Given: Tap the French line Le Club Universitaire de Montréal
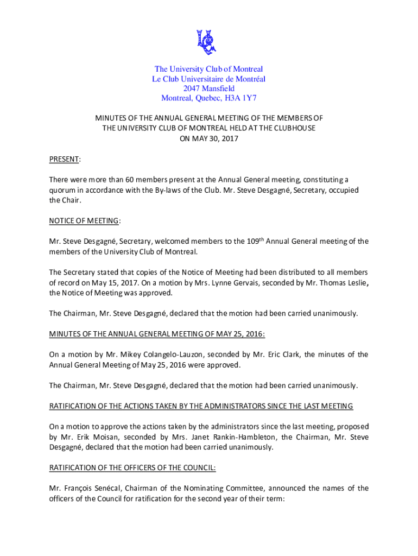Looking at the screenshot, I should [208, 79].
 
